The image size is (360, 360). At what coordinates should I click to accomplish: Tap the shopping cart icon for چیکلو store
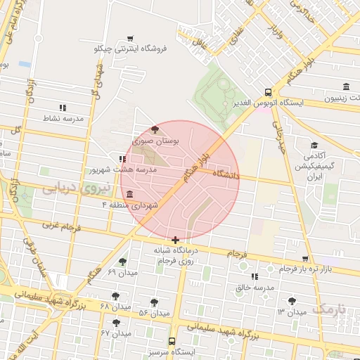130,38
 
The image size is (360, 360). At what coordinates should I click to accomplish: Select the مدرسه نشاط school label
63,118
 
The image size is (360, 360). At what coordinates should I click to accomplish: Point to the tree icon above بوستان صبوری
155,129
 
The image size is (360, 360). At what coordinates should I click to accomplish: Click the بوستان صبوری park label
155,141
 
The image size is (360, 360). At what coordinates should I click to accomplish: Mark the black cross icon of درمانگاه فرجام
175,240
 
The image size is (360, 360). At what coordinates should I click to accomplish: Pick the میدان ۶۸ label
115,307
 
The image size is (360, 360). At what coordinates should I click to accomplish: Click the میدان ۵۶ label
153,312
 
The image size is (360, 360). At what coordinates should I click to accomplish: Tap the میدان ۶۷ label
116,333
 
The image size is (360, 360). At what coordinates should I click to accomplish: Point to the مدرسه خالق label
254,287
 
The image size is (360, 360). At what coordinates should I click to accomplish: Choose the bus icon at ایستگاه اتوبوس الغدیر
268,92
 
